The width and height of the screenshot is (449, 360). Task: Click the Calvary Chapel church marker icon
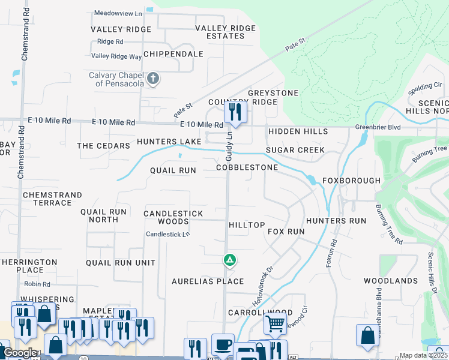pos(153,79)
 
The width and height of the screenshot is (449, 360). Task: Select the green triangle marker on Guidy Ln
pos(229,260)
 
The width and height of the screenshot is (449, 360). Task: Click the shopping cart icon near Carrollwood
pos(275,323)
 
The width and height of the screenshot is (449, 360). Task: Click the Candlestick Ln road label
pos(168,234)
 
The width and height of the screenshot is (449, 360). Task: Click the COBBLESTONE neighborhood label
pos(247,167)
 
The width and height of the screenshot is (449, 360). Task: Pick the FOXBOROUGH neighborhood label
pos(351,181)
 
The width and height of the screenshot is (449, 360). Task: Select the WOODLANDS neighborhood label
pos(390,281)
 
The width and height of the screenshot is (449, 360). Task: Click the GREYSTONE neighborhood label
pos(273,93)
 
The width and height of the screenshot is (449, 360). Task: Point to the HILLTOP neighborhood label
pos(247,225)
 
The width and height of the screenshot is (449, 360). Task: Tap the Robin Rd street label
pos(37,284)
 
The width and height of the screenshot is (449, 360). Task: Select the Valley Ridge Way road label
pos(116,56)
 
